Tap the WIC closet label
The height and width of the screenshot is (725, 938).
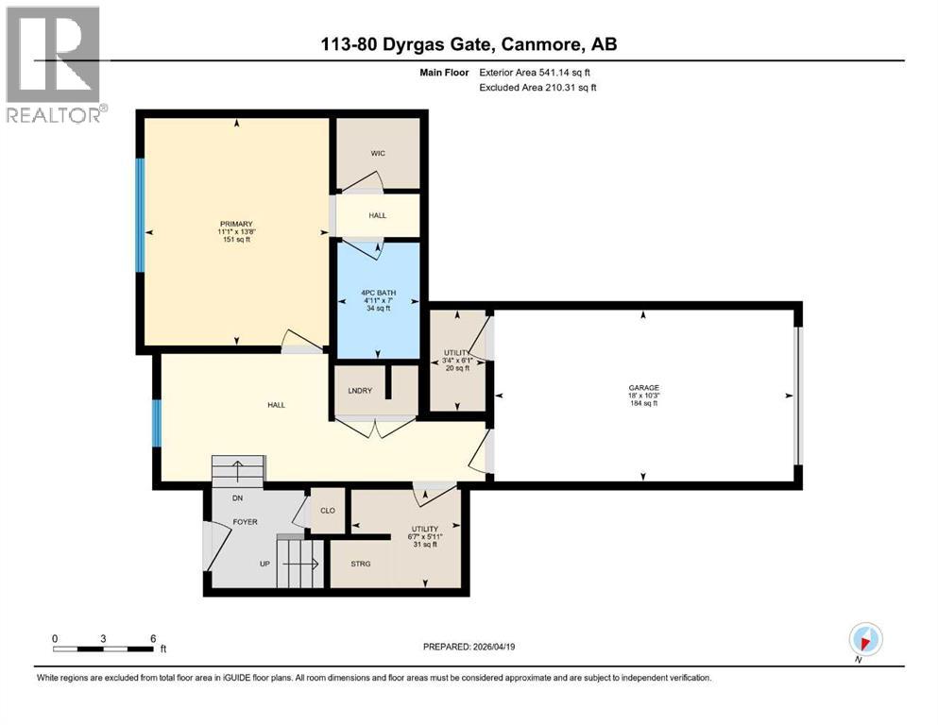[378, 153]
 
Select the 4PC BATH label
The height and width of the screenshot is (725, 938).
[378, 292]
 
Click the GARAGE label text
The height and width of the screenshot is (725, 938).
[644, 387]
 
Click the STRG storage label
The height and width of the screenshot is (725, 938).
[360, 564]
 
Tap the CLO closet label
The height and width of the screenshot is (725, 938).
[329, 511]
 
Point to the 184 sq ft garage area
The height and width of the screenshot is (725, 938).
[643, 403]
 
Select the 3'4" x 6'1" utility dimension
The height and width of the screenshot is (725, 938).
[457, 360]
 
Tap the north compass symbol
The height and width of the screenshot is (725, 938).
[866, 638]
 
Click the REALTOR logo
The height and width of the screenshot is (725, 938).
[53, 64]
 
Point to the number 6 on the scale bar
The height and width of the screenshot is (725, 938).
[153, 637]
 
